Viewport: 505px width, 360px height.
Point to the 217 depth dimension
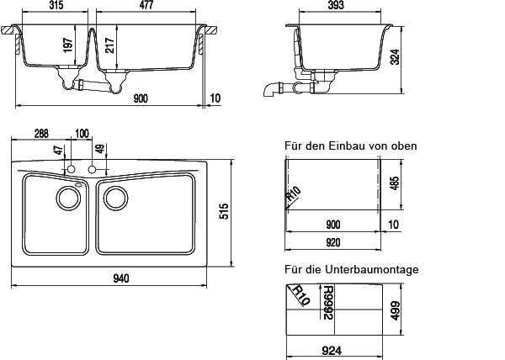[110, 42]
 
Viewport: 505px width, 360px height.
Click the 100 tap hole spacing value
[82, 134]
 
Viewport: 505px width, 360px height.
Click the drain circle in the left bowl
[66, 199]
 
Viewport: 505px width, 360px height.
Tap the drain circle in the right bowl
[114, 199]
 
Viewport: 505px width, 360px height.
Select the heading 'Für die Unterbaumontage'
[352, 269]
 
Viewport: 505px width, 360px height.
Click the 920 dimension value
[335, 242]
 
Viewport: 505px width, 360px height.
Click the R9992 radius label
[330, 304]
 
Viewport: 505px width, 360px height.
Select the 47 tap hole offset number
[58, 151]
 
